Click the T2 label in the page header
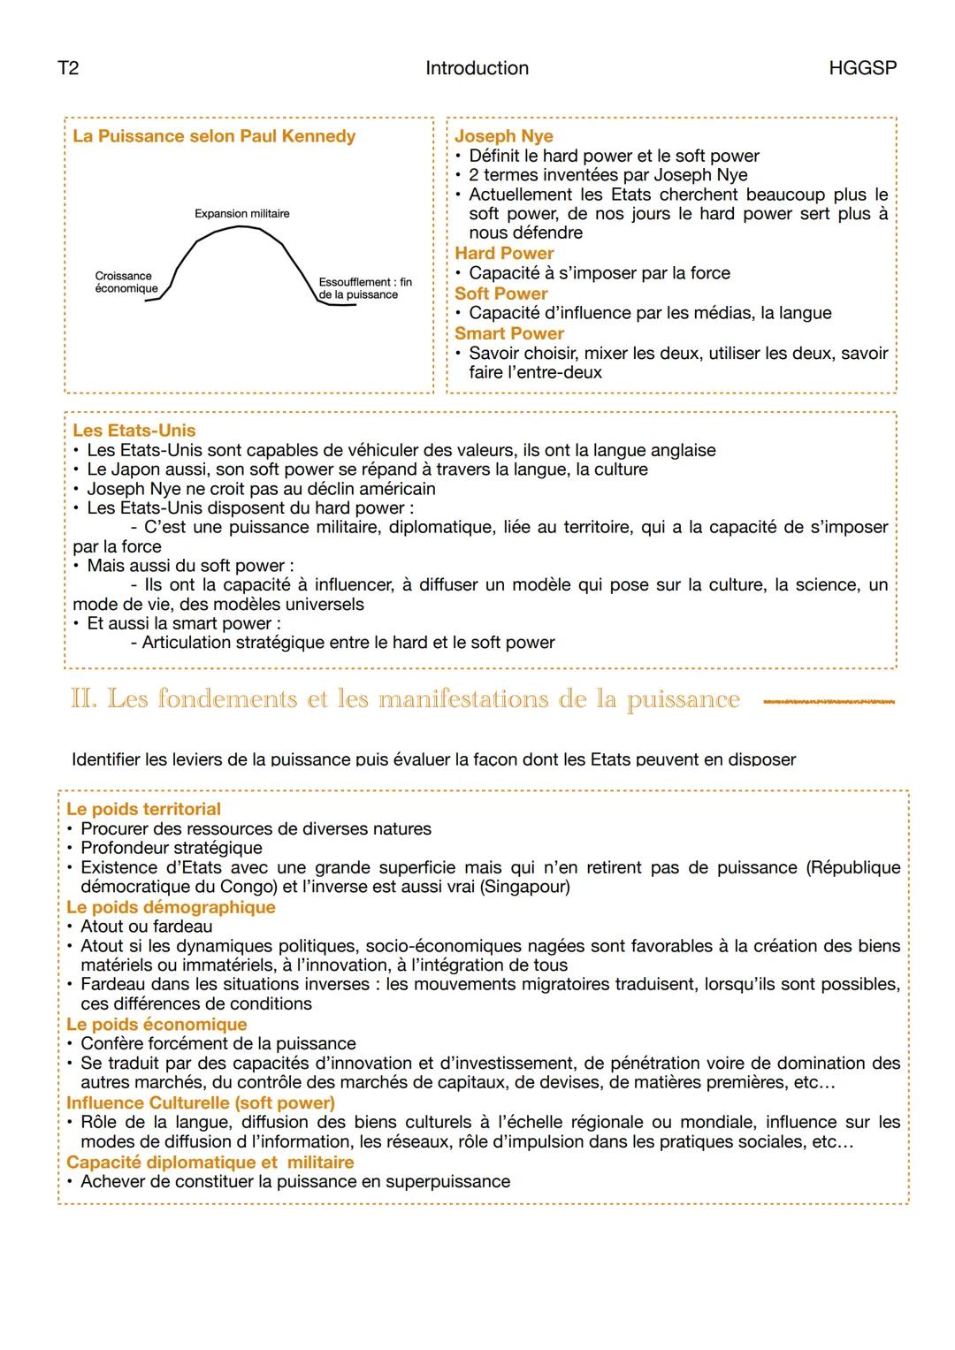point(68,68)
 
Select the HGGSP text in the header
point(862,68)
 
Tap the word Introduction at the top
point(477,68)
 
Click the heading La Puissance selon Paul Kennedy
point(214,136)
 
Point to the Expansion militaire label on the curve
point(241,214)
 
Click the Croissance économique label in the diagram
point(126,282)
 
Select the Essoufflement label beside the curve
point(364,288)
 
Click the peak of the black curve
point(241,227)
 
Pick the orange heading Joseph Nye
point(503,136)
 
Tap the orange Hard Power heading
point(504,254)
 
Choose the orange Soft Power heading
point(500,294)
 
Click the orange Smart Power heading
point(508,333)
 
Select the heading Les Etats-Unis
point(134,431)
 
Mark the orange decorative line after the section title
point(828,703)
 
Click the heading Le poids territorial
point(143,809)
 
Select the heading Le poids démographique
point(171,907)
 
